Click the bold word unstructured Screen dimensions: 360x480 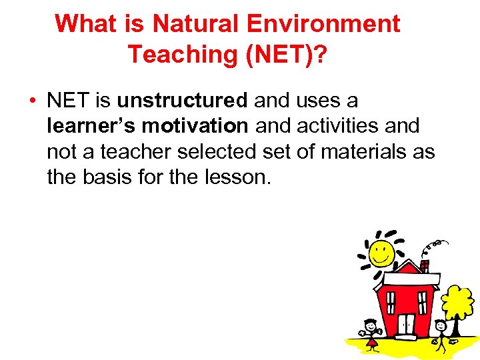point(182,101)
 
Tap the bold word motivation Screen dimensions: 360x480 point(195,127)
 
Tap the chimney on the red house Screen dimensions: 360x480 point(425,266)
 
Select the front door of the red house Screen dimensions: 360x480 point(406,325)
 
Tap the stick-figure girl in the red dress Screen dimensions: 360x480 point(371,334)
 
